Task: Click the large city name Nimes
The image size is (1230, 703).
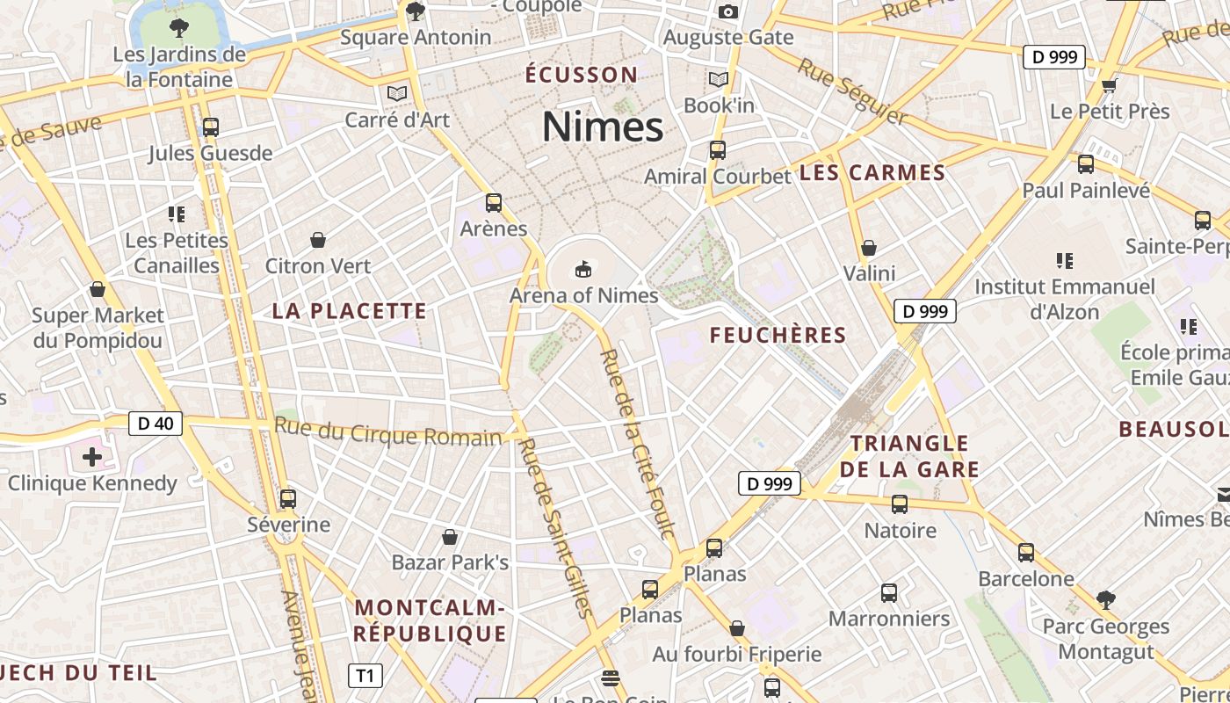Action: (x=603, y=127)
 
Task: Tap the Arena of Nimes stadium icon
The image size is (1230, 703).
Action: (x=582, y=268)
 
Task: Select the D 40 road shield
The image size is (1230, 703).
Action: (x=156, y=424)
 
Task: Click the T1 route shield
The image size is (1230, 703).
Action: (x=365, y=676)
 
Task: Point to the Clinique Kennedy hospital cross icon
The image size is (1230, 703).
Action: (x=92, y=456)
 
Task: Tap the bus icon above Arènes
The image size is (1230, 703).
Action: (x=494, y=203)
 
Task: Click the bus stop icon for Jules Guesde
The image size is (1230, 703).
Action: (x=210, y=127)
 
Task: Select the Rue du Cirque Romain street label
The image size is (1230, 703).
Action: (x=387, y=433)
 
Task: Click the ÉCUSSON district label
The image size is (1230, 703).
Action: (x=582, y=75)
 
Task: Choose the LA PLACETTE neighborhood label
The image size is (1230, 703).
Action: (x=349, y=310)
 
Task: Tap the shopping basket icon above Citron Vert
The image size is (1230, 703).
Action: (x=318, y=240)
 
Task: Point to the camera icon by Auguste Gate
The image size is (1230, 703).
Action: (x=727, y=12)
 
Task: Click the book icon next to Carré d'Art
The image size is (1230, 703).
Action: (x=397, y=93)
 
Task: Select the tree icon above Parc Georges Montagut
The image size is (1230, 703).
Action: (x=1105, y=600)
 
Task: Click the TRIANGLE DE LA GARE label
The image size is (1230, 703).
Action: (x=909, y=456)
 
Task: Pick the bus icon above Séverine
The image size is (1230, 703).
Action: (x=288, y=499)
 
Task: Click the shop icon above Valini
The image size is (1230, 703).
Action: (x=869, y=248)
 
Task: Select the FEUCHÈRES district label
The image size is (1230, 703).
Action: (x=778, y=335)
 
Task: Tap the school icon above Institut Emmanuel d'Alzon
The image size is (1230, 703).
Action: (x=1065, y=260)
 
